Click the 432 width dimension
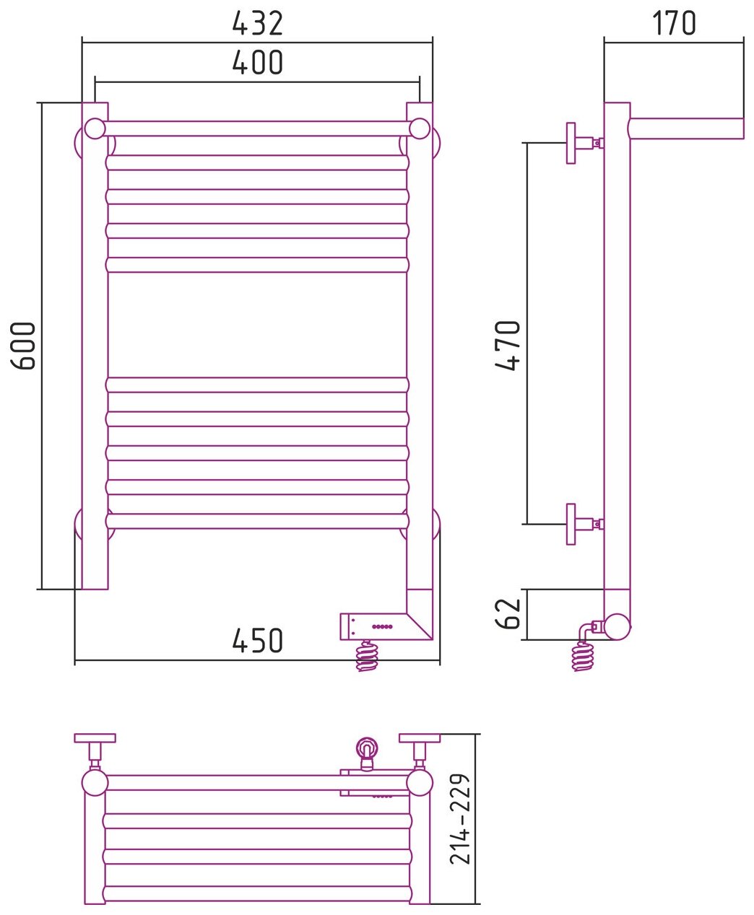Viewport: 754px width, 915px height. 258,24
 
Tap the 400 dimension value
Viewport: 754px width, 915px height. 258,63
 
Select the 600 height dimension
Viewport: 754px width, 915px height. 23,346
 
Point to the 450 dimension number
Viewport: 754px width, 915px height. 258,641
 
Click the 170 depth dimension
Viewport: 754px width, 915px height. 674,23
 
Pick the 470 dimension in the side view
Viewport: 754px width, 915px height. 508,346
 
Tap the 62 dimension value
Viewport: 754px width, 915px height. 508,613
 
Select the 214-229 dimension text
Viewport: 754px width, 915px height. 460,819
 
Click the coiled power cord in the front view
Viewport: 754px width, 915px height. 367,655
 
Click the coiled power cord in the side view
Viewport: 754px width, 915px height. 583,655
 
